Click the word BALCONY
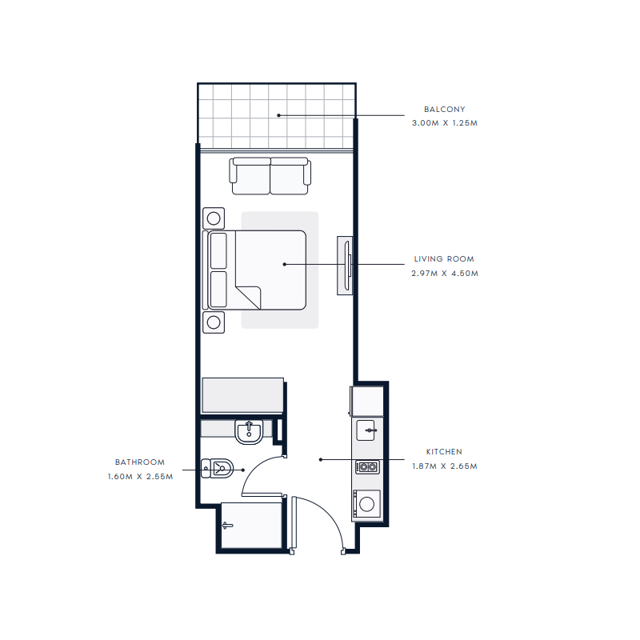point(444,109)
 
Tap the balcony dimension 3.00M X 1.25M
point(444,123)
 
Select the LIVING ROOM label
point(444,259)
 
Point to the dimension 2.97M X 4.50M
point(444,274)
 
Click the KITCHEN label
point(444,452)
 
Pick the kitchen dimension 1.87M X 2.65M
point(444,466)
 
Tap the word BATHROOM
point(140,462)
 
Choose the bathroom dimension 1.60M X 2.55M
point(140,477)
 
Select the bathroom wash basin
point(250,431)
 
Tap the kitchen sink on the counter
point(369,430)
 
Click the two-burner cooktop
point(368,467)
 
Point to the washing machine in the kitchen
point(368,504)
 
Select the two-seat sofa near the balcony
point(270,176)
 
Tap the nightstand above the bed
point(214,218)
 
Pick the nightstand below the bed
point(214,322)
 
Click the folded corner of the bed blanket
point(250,296)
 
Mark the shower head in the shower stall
point(228,526)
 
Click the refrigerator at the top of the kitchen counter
point(367,399)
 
